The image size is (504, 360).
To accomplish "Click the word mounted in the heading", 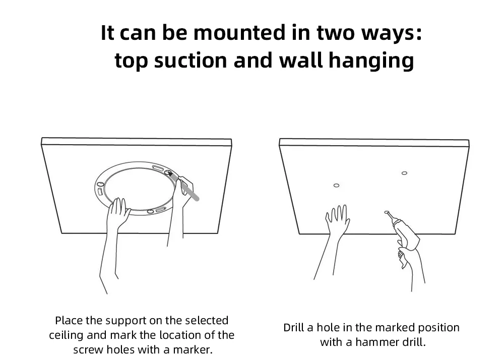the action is coord(239,33).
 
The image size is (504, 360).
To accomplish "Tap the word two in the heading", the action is coord(336,33).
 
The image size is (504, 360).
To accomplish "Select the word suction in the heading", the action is coord(191,61).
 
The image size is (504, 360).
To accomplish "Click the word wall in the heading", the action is coord(300,60).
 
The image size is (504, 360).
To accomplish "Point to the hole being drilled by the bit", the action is coord(387,212).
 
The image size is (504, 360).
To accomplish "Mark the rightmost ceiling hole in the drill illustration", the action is coord(404,173).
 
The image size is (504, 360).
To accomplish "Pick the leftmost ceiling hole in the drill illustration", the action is coord(336,186).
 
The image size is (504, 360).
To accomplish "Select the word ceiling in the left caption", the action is coord(67,335).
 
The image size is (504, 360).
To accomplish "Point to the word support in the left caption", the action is coord(125,321).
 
